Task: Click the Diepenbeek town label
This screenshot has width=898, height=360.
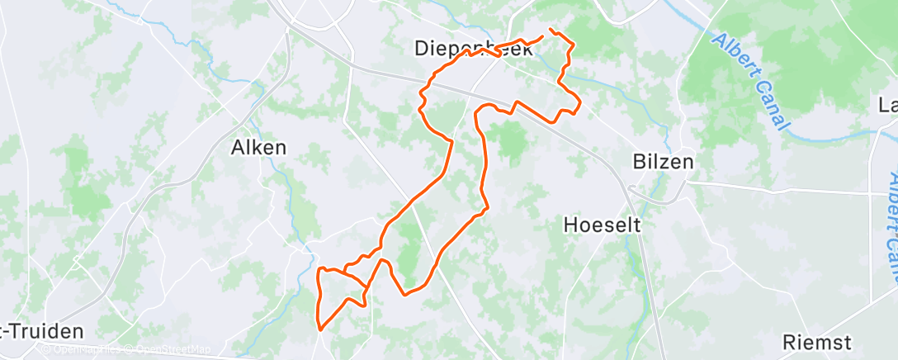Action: point(474,49)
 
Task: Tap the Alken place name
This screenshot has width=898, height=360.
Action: point(258,149)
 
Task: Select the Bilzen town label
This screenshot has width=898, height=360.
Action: point(663,161)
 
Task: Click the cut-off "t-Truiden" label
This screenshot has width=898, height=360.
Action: point(41,332)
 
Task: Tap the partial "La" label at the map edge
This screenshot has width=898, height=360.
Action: point(888,106)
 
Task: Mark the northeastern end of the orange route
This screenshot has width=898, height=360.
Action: point(550,30)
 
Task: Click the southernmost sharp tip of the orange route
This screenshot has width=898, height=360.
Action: point(319,330)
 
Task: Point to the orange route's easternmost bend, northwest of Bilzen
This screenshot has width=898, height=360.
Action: point(580,103)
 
